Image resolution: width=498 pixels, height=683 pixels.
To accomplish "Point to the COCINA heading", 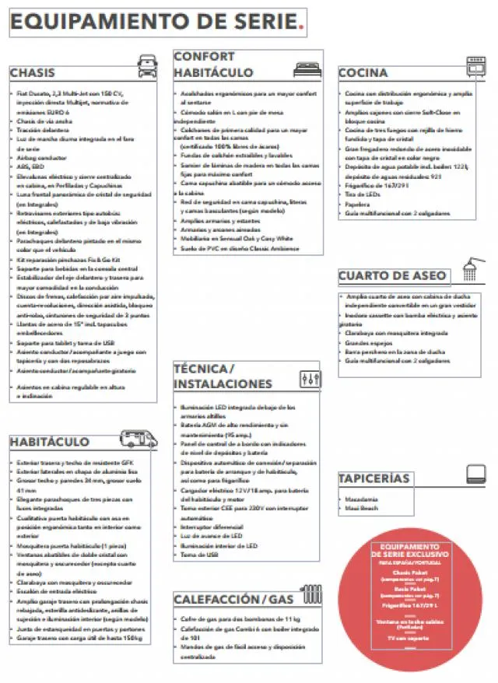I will [x=363, y=73].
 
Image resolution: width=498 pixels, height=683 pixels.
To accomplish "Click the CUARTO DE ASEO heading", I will [x=392, y=275].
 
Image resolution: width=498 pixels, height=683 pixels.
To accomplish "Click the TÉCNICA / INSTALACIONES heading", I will [x=223, y=376].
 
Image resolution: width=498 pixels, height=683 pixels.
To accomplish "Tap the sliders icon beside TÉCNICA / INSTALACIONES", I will [x=309, y=379].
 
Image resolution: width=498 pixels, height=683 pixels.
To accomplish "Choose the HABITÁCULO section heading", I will [x=50, y=441].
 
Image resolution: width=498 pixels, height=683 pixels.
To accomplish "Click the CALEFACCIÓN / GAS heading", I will [x=233, y=599].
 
